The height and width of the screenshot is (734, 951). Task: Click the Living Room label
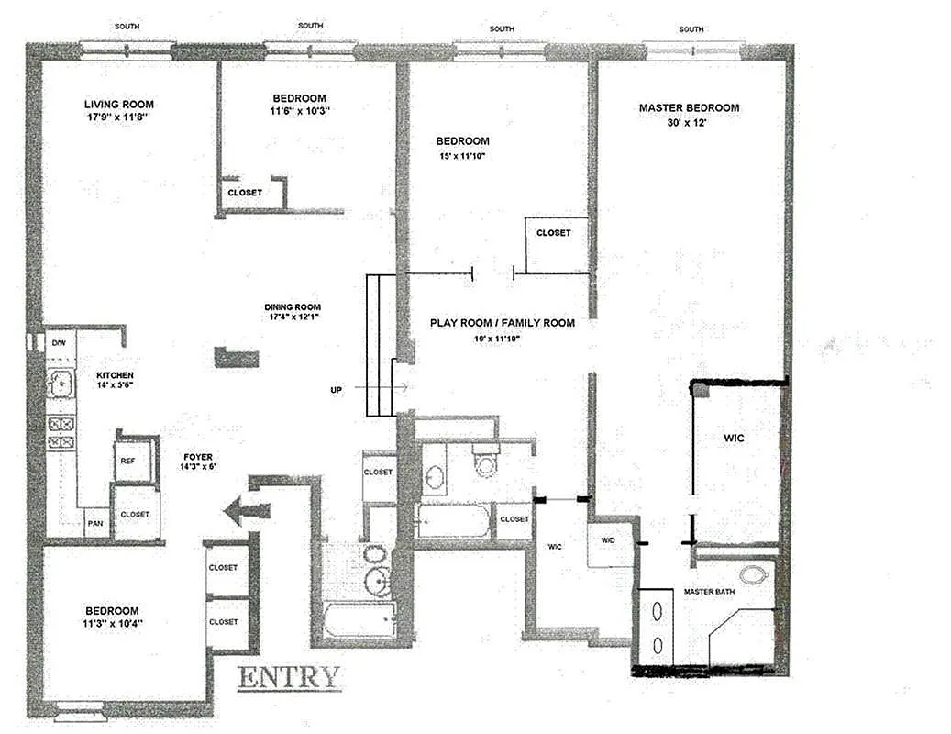pos(119,105)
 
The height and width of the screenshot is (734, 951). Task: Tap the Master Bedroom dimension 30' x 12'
pos(688,122)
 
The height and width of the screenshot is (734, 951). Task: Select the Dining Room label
pos(293,307)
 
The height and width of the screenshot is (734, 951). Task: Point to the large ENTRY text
pos(288,678)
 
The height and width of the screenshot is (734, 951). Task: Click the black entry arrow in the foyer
pos(247,511)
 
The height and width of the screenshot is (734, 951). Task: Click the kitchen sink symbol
pos(61,384)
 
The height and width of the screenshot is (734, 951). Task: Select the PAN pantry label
pos(95,523)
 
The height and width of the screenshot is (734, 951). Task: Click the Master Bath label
pos(709,592)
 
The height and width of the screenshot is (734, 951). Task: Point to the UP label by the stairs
pos(336,390)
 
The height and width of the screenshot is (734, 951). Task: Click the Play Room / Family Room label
pos(503,323)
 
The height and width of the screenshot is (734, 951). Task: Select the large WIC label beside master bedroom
pos(734,438)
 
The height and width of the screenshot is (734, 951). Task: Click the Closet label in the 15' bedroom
pos(553,233)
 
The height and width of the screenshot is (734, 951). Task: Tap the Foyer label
pos(198,457)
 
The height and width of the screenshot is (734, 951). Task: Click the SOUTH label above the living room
pos(127,27)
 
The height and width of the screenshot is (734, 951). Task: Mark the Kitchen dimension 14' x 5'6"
pos(115,384)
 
